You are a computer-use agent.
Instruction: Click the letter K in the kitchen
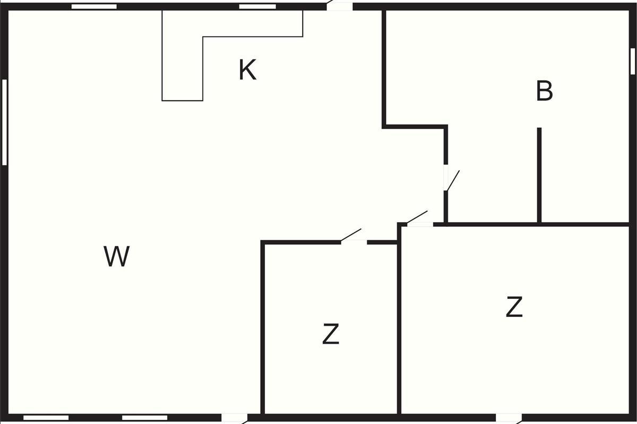tap(247, 69)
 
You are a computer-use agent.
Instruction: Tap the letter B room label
tap(544, 91)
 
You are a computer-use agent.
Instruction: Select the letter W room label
tap(117, 256)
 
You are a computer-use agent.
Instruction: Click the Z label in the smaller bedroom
tap(331, 334)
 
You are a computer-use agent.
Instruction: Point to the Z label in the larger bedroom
tap(514, 307)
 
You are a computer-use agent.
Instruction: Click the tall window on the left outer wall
tap(5, 122)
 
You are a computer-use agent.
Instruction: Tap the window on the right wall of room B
tap(633, 61)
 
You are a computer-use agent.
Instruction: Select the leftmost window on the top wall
tap(94, 6)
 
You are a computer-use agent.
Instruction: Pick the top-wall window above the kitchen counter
tap(257, 6)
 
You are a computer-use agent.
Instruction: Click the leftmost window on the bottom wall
tap(46, 418)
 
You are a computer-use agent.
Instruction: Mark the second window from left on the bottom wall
tap(145, 418)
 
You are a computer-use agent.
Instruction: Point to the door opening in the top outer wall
tap(340, 6)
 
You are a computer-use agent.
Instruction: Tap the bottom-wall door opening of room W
tap(234, 418)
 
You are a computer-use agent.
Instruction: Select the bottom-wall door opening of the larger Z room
tap(509, 418)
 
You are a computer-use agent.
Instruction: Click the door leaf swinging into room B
tap(453, 180)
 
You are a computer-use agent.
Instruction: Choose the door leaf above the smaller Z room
tap(351, 235)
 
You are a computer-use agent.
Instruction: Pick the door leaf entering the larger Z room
tap(417, 217)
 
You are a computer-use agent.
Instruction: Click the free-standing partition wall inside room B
tap(539, 175)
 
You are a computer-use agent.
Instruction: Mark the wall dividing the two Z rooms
tap(399, 320)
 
